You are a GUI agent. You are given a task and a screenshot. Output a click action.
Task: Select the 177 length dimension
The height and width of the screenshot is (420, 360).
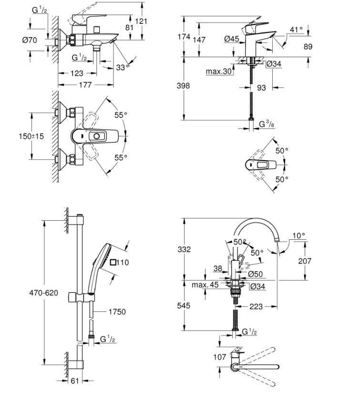click(85, 85)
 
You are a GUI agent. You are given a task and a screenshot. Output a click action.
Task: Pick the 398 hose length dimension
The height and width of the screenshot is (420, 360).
click(183, 86)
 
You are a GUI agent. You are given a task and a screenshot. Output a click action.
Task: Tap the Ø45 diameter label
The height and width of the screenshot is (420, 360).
click(232, 40)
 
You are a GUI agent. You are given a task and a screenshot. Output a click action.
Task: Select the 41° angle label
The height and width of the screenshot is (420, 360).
click(296, 30)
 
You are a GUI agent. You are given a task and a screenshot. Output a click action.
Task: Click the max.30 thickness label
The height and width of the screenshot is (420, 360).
click(219, 72)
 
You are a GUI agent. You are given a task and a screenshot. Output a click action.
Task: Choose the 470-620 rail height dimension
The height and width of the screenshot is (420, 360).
click(44, 293)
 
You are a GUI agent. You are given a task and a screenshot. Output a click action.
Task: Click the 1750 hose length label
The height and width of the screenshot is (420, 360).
click(117, 312)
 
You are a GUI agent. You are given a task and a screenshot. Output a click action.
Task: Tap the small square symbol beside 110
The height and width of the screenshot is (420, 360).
click(113, 262)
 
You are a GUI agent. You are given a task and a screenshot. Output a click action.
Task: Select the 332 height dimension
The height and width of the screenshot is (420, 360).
click(184, 249)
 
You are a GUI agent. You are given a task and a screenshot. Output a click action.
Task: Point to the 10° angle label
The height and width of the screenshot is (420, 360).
click(299, 236)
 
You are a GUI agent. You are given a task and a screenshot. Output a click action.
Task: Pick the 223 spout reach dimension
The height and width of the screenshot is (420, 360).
click(256, 307)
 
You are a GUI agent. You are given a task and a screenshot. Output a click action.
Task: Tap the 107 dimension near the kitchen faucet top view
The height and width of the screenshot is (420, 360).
click(219, 357)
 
